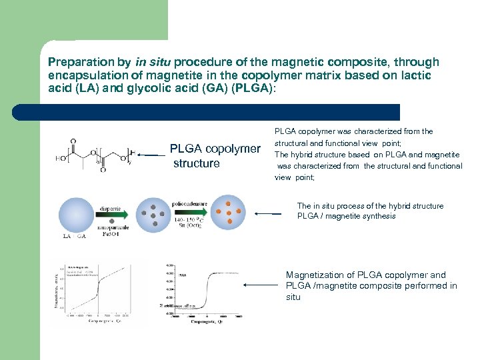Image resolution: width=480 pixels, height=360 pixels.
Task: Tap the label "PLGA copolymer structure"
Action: pos(215,155)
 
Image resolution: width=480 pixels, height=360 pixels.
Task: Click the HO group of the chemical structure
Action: pos(62,158)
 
